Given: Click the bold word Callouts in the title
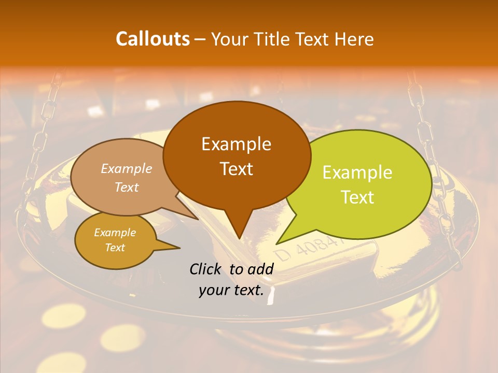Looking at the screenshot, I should pos(153,39).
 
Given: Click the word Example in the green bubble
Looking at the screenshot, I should pos(357,173).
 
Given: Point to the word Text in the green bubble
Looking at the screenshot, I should pos(357,197).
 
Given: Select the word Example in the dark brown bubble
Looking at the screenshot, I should pos(236,144).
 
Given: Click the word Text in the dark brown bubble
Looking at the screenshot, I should pos(236,169).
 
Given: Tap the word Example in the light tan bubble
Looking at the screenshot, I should pos(127,169).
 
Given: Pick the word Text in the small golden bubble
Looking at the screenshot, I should pos(115,248).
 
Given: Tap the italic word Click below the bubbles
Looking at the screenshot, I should pos(206,269).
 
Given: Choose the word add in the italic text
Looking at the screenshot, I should pos(261,269).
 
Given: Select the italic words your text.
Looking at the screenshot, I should pos(231,291).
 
